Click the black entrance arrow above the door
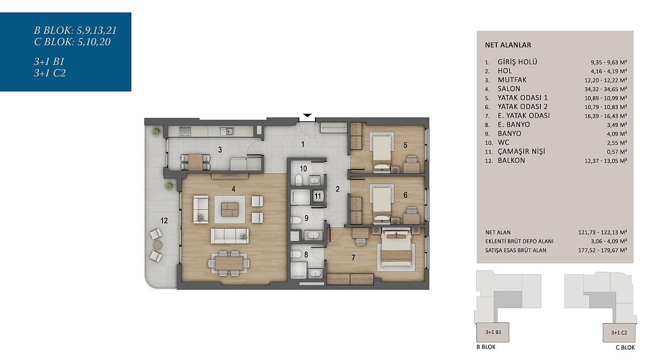point(307,115)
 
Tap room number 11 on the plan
point(318,196)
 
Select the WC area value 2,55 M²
point(617,142)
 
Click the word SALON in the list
point(509,89)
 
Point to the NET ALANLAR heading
point(508,45)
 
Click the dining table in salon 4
point(229,263)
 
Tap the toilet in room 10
point(298,180)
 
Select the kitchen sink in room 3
point(227,131)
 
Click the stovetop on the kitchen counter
point(185,131)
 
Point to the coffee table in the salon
point(229,209)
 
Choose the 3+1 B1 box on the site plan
point(493,332)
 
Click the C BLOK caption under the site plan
point(625,347)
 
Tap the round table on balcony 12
point(158,245)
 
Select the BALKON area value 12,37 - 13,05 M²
point(606,161)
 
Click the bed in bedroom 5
point(382,152)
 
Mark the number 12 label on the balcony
point(164,220)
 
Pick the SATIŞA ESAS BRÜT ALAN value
point(602,250)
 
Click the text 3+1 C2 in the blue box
point(50,73)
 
